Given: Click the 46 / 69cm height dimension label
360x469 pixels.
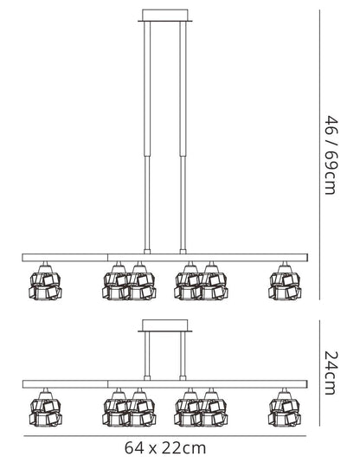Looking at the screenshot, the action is [331, 155].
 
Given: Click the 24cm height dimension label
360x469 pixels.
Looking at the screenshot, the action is [331, 373].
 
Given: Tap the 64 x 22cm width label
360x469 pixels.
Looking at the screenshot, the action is [165, 448].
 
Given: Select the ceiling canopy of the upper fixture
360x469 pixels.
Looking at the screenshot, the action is [165, 16].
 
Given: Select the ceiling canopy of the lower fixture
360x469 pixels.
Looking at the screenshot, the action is [165, 325].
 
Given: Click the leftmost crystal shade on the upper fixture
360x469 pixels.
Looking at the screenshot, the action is [46, 284].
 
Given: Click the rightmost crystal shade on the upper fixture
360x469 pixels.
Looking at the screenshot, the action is [285, 284].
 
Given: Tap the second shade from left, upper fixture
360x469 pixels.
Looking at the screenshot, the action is [116, 284].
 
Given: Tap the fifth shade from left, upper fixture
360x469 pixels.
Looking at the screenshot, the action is [214, 284].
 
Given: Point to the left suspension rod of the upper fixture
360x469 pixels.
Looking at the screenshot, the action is [147, 138].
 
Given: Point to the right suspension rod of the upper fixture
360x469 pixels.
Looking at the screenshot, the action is [183, 138].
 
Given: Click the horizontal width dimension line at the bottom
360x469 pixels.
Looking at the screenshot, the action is [165, 436].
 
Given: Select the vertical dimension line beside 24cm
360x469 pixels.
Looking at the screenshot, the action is [319, 373].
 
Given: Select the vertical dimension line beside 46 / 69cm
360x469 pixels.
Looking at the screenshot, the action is [319, 155].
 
